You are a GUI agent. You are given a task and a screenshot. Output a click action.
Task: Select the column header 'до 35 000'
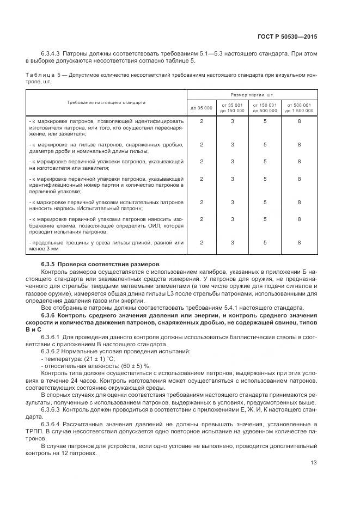click(x=201, y=108)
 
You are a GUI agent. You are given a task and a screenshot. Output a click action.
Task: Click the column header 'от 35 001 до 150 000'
click(x=233, y=107)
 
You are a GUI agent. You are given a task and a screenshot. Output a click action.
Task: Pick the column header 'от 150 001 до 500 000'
click(x=265, y=107)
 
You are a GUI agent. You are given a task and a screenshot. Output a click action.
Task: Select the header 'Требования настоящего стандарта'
click(x=106, y=102)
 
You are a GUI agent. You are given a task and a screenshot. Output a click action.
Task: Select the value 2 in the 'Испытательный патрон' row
click(x=201, y=202)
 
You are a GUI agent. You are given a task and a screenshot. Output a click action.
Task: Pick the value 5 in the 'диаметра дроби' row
click(x=265, y=144)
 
